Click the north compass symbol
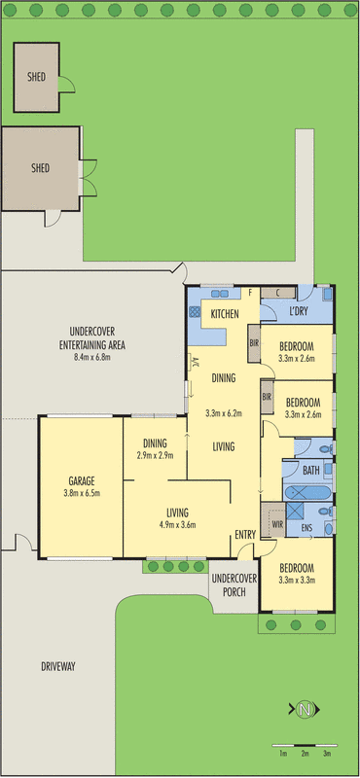coord(305,709)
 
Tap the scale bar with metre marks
coord(305,745)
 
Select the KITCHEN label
coord(225,313)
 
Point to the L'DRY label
coord(300,312)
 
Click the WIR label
coord(276,526)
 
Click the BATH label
coord(310,471)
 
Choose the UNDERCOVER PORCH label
coord(234,584)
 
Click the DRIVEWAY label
coord(58,666)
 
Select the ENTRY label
coord(244,534)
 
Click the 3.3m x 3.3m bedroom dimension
coord(299,581)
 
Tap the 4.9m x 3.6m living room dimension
coord(176,525)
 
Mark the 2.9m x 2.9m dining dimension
coord(156,455)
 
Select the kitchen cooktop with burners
coord(195,313)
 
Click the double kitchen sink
coord(221,291)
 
